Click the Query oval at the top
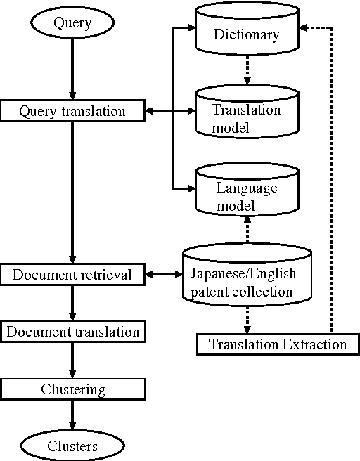pyautogui.click(x=72, y=23)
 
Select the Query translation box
pyautogui.click(x=72, y=111)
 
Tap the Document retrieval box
pyautogui.click(x=72, y=274)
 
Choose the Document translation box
pyautogui.click(x=72, y=330)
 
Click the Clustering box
pyautogui.click(x=72, y=389)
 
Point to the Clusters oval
pyautogui.click(x=72, y=446)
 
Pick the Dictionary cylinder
pyautogui.click(x=246, y=34)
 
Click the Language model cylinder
pyautogui.click(x=246, y=196)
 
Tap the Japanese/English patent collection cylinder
pyautogui.click(x=246, y=281)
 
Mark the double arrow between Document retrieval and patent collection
pyautogui.click(x=164, y=274)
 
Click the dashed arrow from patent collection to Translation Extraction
pyautogui.click(x=246, y=321)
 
